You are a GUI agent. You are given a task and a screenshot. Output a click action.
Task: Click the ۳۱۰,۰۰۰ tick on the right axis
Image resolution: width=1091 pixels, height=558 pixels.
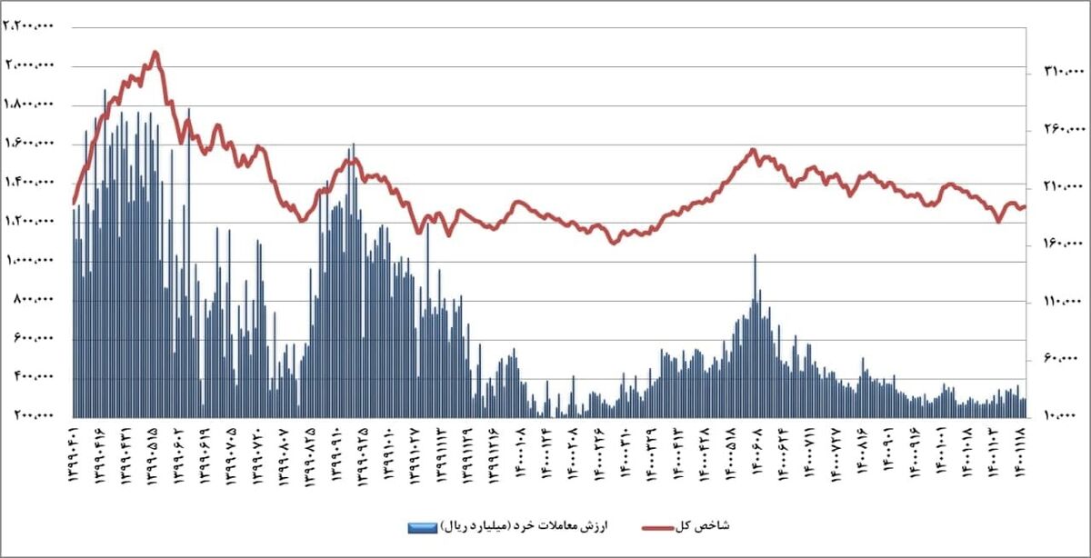point(1056,71)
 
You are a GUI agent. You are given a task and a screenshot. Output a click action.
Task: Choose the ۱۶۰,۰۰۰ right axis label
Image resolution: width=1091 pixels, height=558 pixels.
point(1056,244)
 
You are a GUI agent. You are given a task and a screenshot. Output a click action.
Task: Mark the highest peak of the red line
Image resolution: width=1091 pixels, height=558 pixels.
point(156,53)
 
